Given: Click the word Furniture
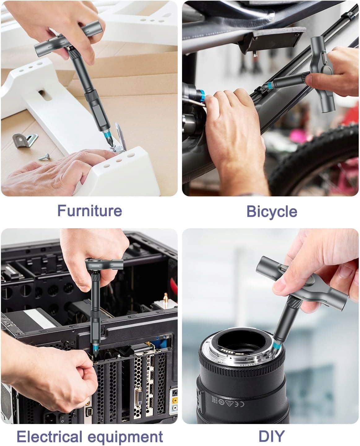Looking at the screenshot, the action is click(90, 211).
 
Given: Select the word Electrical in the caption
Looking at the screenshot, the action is click(50, 436).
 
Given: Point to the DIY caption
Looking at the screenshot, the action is click(271, 435).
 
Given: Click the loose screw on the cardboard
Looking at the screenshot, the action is click(44, 157).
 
